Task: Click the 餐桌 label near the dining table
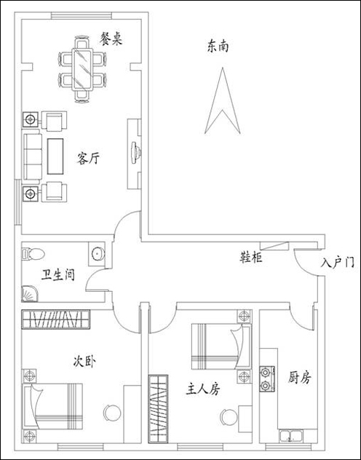111,39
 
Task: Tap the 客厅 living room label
88,158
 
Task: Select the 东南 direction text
218,46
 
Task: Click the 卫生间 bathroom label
57,275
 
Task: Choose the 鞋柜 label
251,257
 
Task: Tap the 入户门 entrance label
337,261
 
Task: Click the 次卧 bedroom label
84,361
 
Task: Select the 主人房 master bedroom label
202,389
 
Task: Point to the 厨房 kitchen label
299,377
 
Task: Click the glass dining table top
82,69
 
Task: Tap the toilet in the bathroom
33,254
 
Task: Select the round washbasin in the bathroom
98,253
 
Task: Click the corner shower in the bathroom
30,294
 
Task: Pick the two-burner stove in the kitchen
267,378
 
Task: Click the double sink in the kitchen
290,436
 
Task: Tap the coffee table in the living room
55,156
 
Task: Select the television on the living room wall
135,153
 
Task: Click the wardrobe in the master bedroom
158,408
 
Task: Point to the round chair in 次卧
112,413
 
